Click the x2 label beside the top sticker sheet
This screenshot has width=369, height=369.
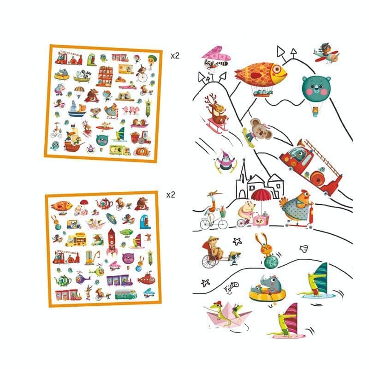pos(175,56)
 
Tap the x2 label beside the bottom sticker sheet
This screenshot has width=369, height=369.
pos(171,195)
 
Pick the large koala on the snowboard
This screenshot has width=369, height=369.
pos(259,130)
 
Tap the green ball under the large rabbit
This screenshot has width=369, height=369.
pos(271,263)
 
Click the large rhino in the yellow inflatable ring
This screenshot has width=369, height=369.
pos(268,288)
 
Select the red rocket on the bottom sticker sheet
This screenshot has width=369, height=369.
pos(112,243)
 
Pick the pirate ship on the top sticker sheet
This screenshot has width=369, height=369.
pos(73,140)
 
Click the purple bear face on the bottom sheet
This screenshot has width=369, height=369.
pos(128,258)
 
